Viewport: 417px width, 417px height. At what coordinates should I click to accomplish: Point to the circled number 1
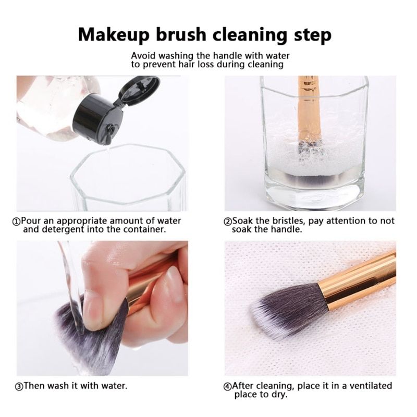(x=17, y=222)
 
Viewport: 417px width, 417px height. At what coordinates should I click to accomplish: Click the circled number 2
(x=228, y=222)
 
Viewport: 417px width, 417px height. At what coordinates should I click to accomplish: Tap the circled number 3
(x=19, y=387)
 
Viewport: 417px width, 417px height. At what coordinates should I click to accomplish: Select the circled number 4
(x=228, y=387)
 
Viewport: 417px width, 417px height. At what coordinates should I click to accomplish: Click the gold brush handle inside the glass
(x=309, y=109)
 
